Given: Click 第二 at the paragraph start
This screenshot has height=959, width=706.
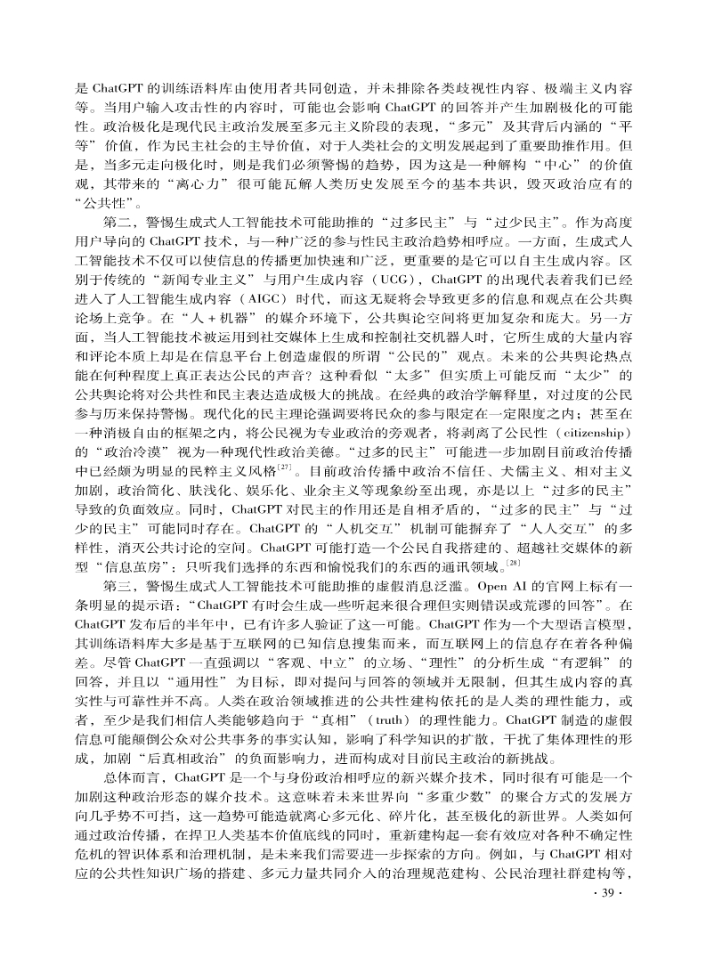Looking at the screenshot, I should (x=119, y=219).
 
